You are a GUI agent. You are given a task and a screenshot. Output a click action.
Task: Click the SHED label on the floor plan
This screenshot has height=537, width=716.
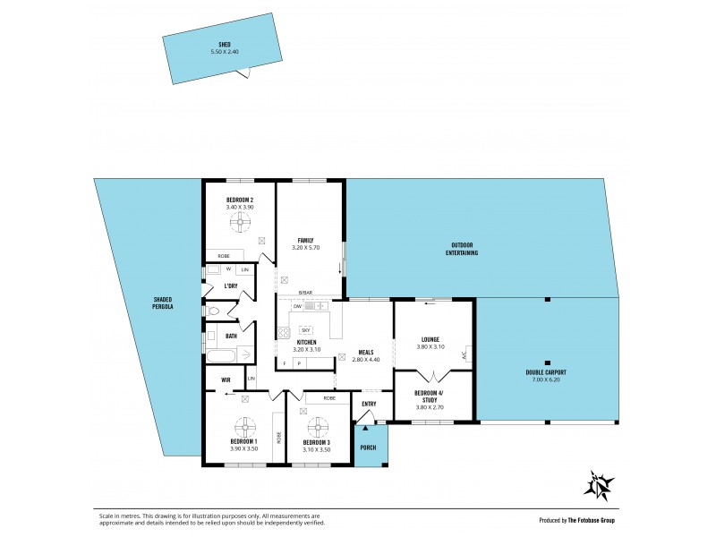(x=225, y=44)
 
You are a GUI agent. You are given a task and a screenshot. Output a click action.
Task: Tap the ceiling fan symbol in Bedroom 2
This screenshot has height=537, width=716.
(x=240, y=221)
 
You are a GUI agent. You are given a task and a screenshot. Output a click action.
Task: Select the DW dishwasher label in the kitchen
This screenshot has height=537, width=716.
(x=297, y=306)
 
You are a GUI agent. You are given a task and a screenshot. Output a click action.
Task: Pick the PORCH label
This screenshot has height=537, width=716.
(x=368, y=447)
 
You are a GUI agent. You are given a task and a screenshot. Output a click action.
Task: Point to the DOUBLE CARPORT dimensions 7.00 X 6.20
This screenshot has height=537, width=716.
(x=546, y=379)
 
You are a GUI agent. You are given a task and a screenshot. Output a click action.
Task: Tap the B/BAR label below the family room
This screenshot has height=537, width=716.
(x=306, y=293)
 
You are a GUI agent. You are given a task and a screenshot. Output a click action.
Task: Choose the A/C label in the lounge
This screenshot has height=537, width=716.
(x=465, y=355)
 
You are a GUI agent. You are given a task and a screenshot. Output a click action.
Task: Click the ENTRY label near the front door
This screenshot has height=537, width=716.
(x=369, y=404)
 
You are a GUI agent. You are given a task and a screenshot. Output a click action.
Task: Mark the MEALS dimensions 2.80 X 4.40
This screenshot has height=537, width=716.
(x=365, y=359)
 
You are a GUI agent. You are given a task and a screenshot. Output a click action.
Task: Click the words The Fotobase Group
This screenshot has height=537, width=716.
(x=591, y=520)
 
